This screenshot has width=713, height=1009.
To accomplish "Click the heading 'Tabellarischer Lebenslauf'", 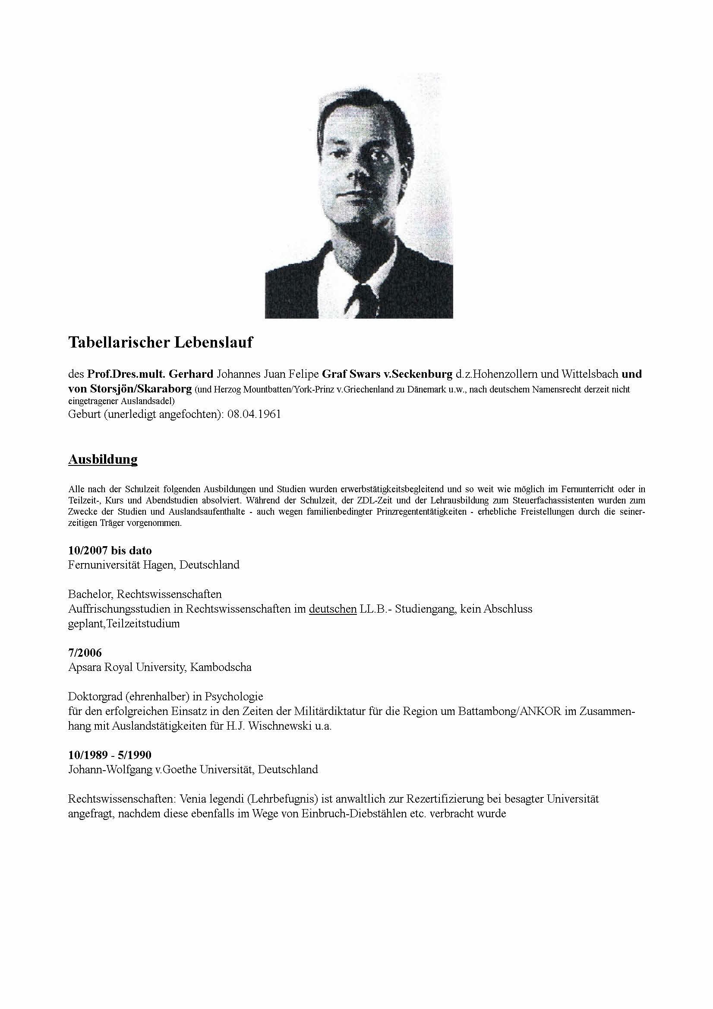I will click(161, 342).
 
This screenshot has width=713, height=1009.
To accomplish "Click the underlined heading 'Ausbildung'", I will click(103, 459).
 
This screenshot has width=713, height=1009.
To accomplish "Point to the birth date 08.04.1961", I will click(254, 414).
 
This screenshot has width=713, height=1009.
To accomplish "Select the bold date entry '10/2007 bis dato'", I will click(110, 550).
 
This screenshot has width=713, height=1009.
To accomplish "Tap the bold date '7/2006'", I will click(85, 653).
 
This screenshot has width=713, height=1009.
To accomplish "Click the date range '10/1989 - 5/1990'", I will click(110, 755).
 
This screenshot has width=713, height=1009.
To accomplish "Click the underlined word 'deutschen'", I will click(333, 609).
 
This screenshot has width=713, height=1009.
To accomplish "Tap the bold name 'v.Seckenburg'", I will click(417, 374).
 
